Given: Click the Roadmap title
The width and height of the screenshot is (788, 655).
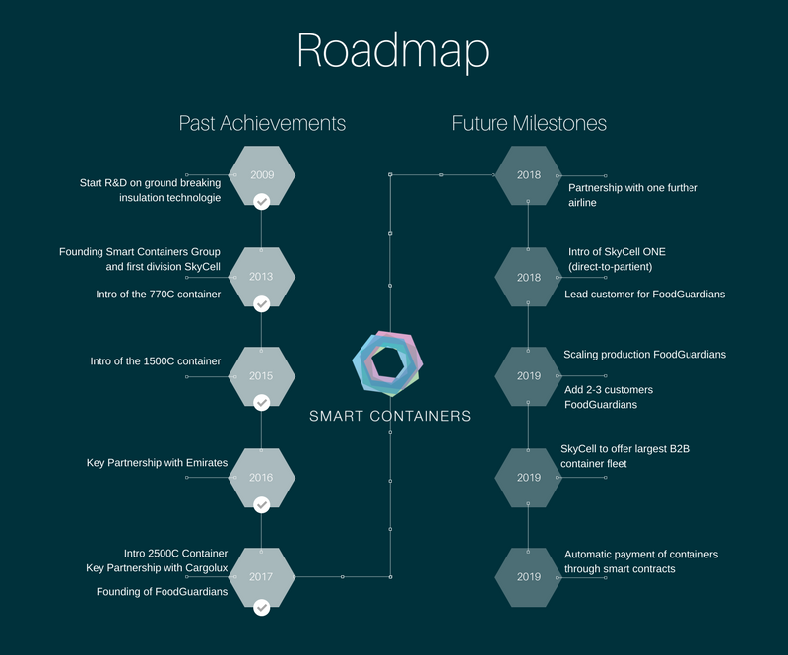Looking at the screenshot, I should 393,51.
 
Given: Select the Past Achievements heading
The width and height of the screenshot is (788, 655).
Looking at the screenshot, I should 262,123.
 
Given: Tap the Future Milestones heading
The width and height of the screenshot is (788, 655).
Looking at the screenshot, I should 529,123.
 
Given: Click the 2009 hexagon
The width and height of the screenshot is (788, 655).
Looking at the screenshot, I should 262,175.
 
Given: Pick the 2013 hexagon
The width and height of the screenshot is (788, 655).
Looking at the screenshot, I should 262,277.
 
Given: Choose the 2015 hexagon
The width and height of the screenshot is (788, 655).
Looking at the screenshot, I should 262,376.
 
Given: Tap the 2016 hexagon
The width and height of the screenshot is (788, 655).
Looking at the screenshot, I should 262,477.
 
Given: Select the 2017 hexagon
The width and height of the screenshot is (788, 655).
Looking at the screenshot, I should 262,576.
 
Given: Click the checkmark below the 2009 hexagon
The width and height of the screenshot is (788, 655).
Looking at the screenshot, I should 262,202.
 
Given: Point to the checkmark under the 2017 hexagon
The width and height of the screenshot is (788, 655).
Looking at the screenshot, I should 262,607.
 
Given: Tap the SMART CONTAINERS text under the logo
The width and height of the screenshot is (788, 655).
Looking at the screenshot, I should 390,416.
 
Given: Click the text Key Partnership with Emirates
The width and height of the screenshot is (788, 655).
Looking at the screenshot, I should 156,462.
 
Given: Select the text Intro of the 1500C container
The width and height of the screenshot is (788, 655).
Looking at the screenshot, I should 155,360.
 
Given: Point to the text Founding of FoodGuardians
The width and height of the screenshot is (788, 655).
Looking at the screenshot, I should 162,592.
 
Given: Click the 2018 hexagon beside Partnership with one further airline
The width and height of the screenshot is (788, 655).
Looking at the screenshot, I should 529,175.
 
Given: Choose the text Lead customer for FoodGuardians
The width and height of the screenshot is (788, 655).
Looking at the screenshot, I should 645,294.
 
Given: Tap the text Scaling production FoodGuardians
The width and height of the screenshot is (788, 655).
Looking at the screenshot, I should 645,355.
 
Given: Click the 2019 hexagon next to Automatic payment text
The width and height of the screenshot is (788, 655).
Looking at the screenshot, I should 529,576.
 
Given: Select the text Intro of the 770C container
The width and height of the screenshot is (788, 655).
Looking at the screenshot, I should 155,294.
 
